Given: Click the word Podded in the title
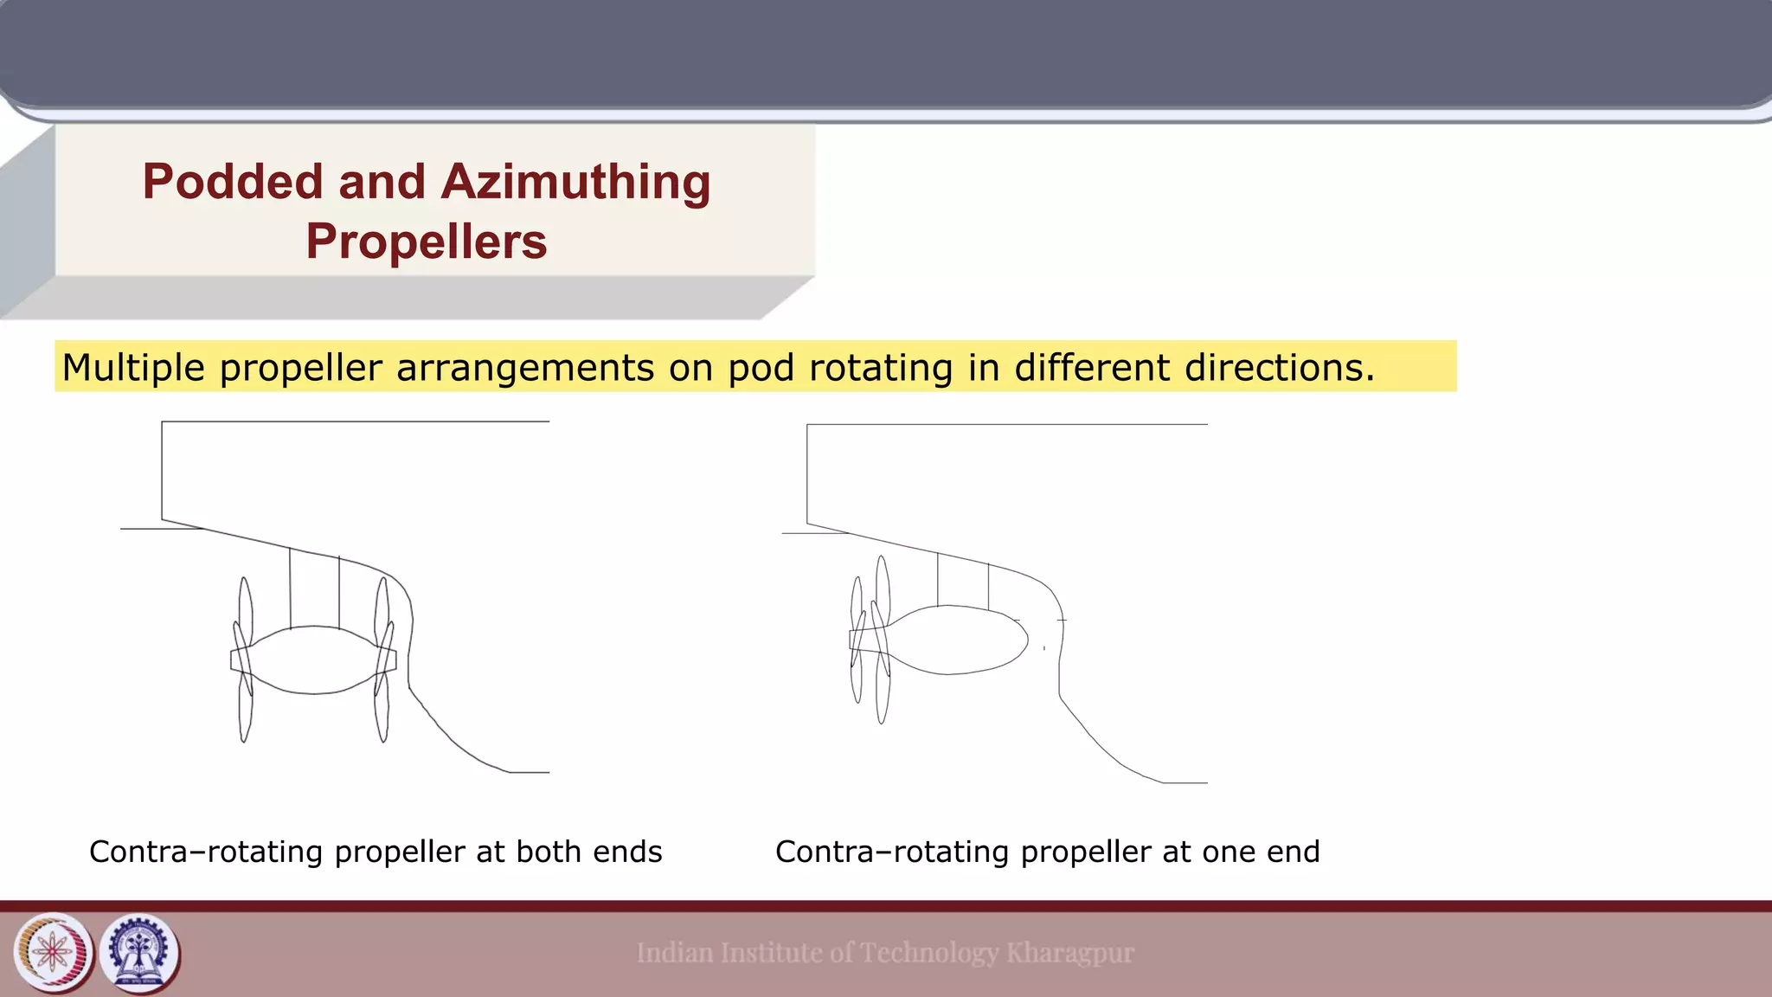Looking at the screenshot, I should pyautogui.click(x=232, y=183).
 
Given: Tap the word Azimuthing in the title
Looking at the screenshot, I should pyautogui.click(x=575, y=183).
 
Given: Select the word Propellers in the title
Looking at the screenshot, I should pyautogui.click(x=426, y=241).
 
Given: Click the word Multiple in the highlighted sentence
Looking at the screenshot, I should pyautogui.click(x=133, y=368).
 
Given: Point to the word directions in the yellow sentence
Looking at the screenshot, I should pyautogui.click(x=1280, y=368).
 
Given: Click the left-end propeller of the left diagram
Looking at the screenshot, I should pyautogui.click(x=244, y=659).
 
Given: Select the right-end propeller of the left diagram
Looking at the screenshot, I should pyautogui.click(x=382, y=659).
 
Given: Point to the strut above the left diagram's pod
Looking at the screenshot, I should pyautogui.click(x=315, y=589).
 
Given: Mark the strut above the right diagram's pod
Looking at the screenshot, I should pyautogui.click(x=963, y=581).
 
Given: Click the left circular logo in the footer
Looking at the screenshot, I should pyautogui.click(x=54, y=953).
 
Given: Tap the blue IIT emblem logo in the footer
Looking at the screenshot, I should pyautogui.click(x=139, y=953).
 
